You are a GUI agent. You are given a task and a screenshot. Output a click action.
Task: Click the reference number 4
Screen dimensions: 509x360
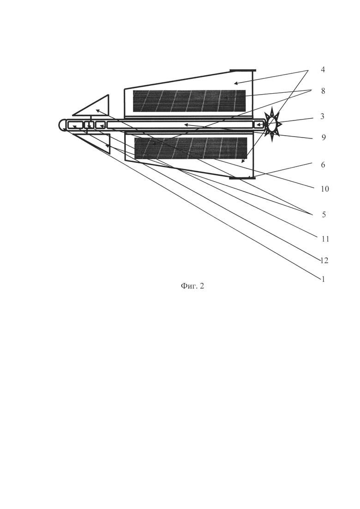[323, 70]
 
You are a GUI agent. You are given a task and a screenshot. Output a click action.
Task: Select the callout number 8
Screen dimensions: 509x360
[323, 91]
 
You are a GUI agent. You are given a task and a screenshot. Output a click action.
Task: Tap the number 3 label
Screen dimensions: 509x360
[323, 116]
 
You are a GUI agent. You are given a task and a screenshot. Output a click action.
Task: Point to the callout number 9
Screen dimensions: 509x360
[323, 138]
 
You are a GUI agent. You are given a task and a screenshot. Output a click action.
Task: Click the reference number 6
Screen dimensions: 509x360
[323, 164]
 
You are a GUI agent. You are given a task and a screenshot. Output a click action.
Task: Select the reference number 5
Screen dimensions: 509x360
[323, 215]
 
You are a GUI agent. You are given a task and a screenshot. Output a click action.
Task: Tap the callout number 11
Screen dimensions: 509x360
[325, 239]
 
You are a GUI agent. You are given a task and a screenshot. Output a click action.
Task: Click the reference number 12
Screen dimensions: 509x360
[324, 261]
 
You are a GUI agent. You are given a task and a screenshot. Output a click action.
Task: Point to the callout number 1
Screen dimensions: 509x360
[323, 279]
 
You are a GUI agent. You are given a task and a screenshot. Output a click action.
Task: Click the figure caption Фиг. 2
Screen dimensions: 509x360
[192, 286]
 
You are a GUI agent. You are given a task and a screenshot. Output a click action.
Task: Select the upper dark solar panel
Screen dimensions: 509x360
[189, 101]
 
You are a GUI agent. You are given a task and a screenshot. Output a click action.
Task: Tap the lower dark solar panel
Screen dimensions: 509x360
[190, 148]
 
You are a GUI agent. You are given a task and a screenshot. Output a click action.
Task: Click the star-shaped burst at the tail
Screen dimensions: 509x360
[272, 124]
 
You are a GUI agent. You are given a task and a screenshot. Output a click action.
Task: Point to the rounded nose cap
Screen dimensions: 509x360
[62, 125]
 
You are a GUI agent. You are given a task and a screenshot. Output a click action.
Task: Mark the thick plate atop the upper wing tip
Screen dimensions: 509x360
[242, 70]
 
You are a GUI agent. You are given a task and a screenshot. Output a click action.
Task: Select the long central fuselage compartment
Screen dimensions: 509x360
[180, 125]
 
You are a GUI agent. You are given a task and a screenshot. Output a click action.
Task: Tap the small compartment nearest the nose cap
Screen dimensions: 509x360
[75, 125]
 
